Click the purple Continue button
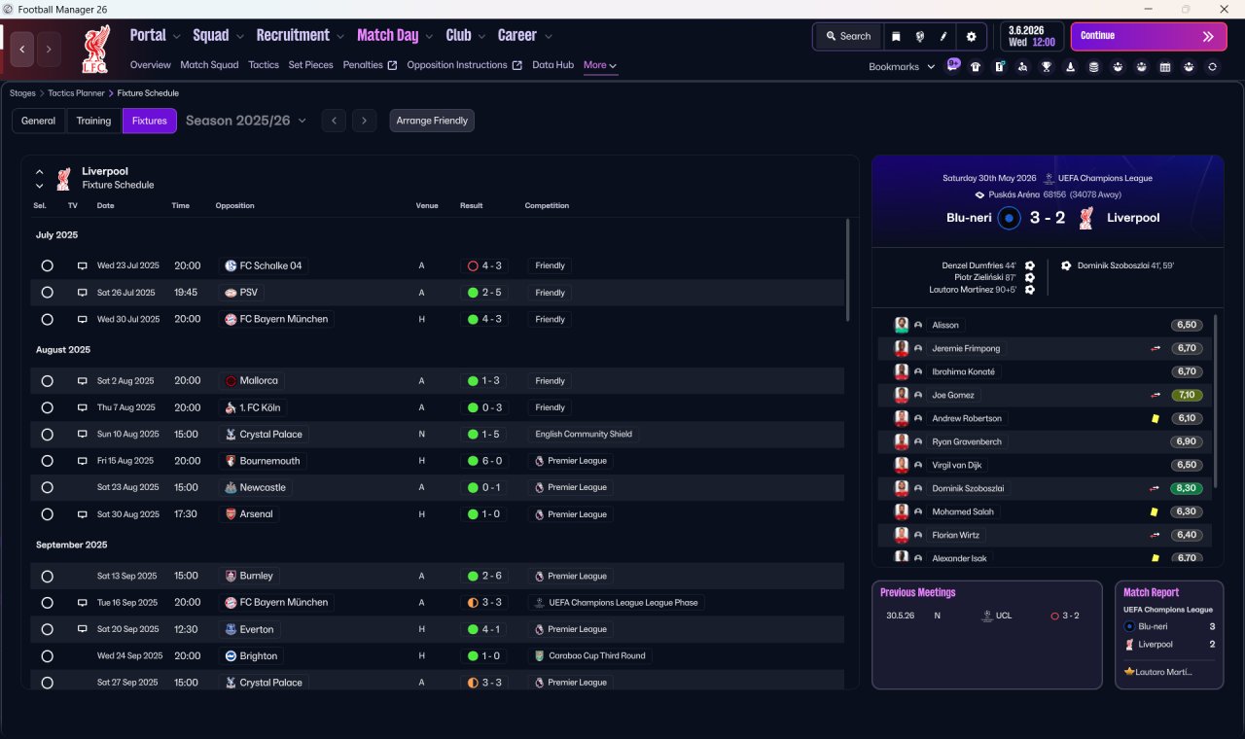(x=1149, y=36)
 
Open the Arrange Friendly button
(x=432, y=121)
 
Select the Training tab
(x=93, y=121)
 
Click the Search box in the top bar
(x=848, y=36)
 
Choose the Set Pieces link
(x=310, y=65)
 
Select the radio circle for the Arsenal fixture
(x=48, y=514)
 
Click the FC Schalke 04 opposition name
(x=270, y=265)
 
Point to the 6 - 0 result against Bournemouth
(x=484, y=461)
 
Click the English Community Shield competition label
(x=584, y=434)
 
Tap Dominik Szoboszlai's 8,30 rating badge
(x=1186, y=488)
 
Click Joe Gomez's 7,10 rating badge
(x=1186, y=395)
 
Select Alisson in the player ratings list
(x=944, y=325)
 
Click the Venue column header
(x=427, y=205)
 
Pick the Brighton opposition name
(x=258, y=656)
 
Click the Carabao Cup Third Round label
(x=597, y=655)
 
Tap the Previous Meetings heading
(x=917, y=592)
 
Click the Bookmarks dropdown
(x=901, y=67)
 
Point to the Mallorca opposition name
(x=259, y=380)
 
